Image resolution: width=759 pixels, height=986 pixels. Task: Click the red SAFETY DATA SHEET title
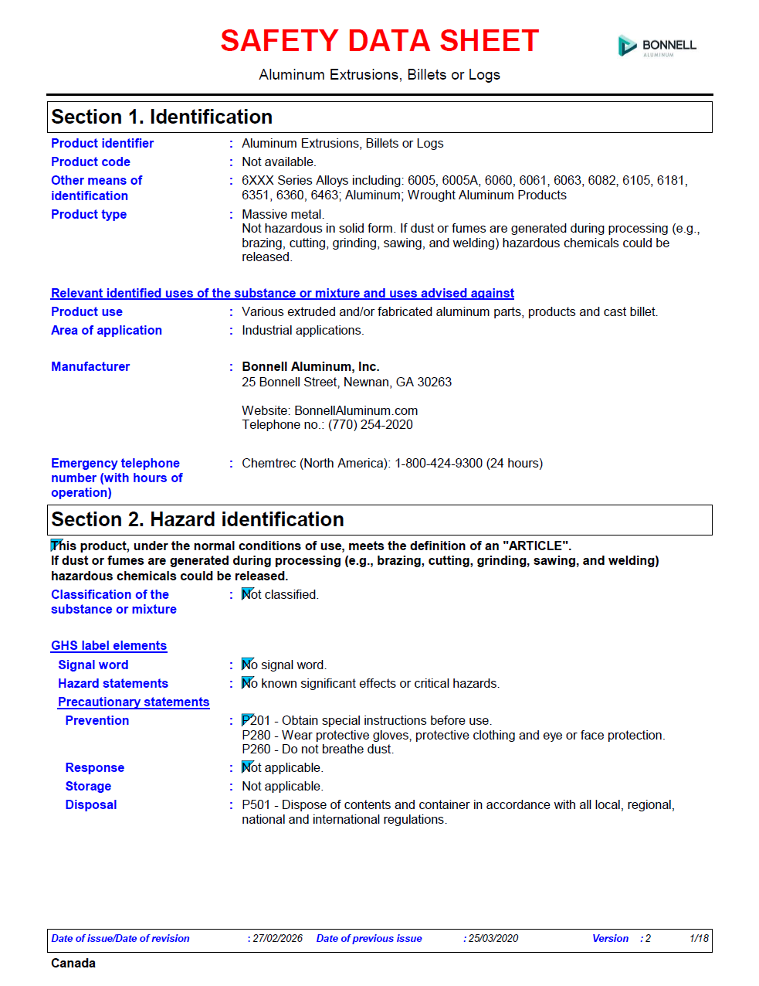379,41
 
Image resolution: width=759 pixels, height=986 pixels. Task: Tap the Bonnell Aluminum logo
657,46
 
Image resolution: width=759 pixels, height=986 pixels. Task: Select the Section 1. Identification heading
161,117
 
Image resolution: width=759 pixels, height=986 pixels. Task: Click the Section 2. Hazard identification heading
197,519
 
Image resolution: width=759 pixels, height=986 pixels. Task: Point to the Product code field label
90,161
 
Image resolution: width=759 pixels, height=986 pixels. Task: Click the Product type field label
89,214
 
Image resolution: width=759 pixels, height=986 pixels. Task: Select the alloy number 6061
533,180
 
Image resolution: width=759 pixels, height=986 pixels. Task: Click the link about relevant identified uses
282,293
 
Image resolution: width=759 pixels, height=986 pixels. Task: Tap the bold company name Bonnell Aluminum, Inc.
310,366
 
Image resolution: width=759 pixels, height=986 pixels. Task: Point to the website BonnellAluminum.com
356,410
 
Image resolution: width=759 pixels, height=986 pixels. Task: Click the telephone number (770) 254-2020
371,424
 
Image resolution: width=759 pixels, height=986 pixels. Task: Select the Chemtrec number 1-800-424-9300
439,463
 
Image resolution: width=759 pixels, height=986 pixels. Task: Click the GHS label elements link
109,645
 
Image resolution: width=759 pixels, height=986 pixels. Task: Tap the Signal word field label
93,665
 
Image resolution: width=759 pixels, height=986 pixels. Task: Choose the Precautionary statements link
134,702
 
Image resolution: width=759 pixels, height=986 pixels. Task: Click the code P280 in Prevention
256,735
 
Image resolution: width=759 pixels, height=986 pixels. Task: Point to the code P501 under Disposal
256,804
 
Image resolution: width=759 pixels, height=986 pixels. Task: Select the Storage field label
88,786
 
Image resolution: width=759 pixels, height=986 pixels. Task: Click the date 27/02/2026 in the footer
277,938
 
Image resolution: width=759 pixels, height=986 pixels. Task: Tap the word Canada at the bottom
73,963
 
